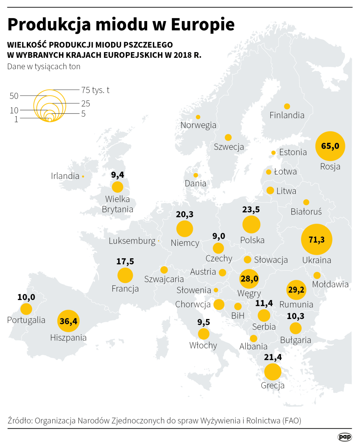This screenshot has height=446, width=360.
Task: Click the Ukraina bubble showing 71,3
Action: (316, 239)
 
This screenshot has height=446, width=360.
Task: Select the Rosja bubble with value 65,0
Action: (330, 146)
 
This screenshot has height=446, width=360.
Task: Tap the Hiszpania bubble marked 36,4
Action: (68, 321)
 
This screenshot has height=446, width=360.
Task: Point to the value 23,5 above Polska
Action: (251, 209)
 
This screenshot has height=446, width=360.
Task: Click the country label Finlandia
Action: (287, 115)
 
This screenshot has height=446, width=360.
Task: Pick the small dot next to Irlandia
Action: (83, 176)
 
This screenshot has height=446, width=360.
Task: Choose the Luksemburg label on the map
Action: (132, 241)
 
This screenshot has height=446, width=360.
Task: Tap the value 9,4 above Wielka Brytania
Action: (117, 175)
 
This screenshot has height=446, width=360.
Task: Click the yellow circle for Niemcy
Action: (185, 229)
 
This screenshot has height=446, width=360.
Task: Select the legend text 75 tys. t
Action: (95, 90)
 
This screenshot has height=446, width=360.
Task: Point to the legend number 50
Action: (14, 96)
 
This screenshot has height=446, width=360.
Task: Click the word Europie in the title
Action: (202, 24)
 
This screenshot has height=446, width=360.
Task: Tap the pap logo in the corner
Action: (345, 437)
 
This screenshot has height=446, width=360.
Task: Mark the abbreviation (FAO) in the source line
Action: (292, 421)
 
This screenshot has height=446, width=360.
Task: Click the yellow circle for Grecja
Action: (272, 371)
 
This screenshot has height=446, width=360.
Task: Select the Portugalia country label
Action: (26, 320)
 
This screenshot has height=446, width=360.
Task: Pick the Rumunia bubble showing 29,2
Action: (296, 290)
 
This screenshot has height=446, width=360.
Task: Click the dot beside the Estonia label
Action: (274, 153)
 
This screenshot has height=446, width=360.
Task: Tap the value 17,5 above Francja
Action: (125, 262)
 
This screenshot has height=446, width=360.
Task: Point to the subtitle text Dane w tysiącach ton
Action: (44, 67)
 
